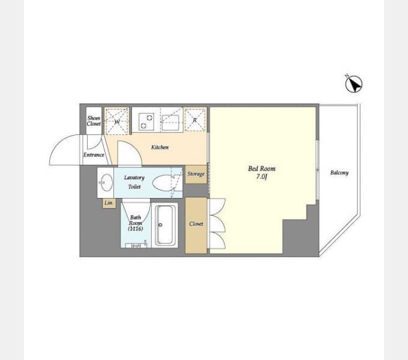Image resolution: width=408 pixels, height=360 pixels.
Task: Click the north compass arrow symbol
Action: tap(353, 84)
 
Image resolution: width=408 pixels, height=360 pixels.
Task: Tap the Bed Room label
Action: tap(262, 169)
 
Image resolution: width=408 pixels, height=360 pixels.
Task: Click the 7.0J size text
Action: tap(262, 176)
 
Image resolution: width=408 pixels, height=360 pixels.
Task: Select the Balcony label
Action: tap(340, 173)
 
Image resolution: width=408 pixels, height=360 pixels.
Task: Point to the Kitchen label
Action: tap(160, 147)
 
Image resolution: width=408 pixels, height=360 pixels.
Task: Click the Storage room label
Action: tap(196, 174)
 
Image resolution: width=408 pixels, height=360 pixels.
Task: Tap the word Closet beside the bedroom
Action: tap(196, 224)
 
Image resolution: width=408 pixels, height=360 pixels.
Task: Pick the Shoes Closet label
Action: tap(94, 121)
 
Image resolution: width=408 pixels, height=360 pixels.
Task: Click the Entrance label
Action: tap(94, 155)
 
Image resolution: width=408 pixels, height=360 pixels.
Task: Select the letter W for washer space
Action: tap(117, 121)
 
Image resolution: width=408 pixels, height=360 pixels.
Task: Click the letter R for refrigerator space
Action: tap(194, 120)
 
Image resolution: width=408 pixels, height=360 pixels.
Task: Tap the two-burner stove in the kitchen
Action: tap(146, 121)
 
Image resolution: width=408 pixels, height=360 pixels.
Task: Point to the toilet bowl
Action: tap(163, 183)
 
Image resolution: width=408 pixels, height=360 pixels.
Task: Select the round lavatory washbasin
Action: tap(106, 182)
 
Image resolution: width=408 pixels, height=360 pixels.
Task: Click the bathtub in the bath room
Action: tap(165, 225)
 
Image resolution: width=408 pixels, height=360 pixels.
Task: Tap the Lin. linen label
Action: tap(109, 203)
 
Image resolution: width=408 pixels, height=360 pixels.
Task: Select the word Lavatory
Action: tap(134, 178)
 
